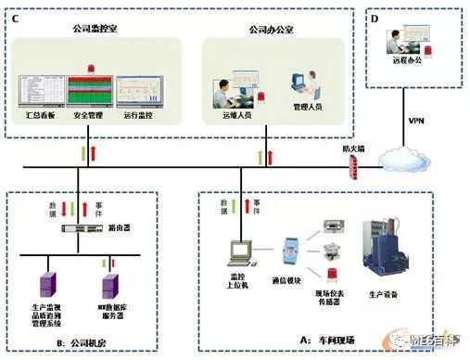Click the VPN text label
[415, 120]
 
